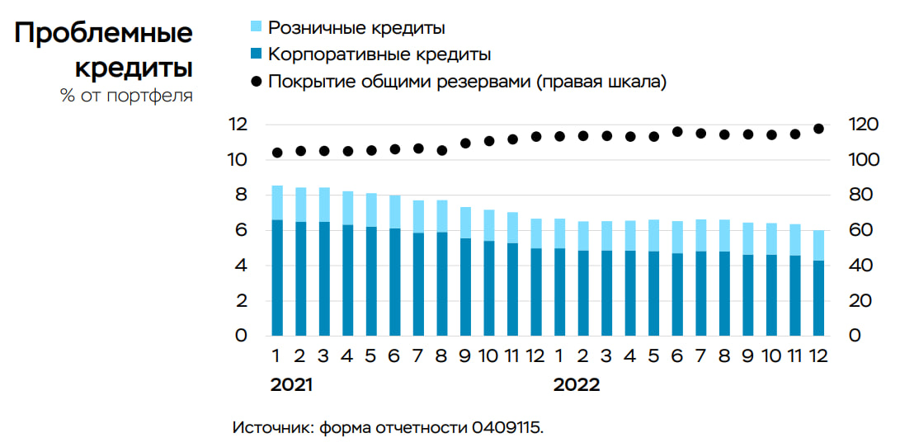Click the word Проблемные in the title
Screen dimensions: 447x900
(103, 34)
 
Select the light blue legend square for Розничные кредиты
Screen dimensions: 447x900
(256, 28)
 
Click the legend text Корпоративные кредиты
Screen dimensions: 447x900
(380, 55)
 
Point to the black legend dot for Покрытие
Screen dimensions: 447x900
(256, 82)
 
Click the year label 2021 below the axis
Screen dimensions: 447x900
(292, 385)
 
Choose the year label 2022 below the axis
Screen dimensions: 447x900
(577, 385)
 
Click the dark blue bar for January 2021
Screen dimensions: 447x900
(277, 278)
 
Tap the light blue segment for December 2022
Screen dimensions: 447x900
(818, 245)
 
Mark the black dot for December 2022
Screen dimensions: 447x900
(818, 129)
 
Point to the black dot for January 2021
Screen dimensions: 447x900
(277, 153)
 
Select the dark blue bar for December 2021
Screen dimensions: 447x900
(536, 292)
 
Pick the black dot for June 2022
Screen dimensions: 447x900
(677, 131)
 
